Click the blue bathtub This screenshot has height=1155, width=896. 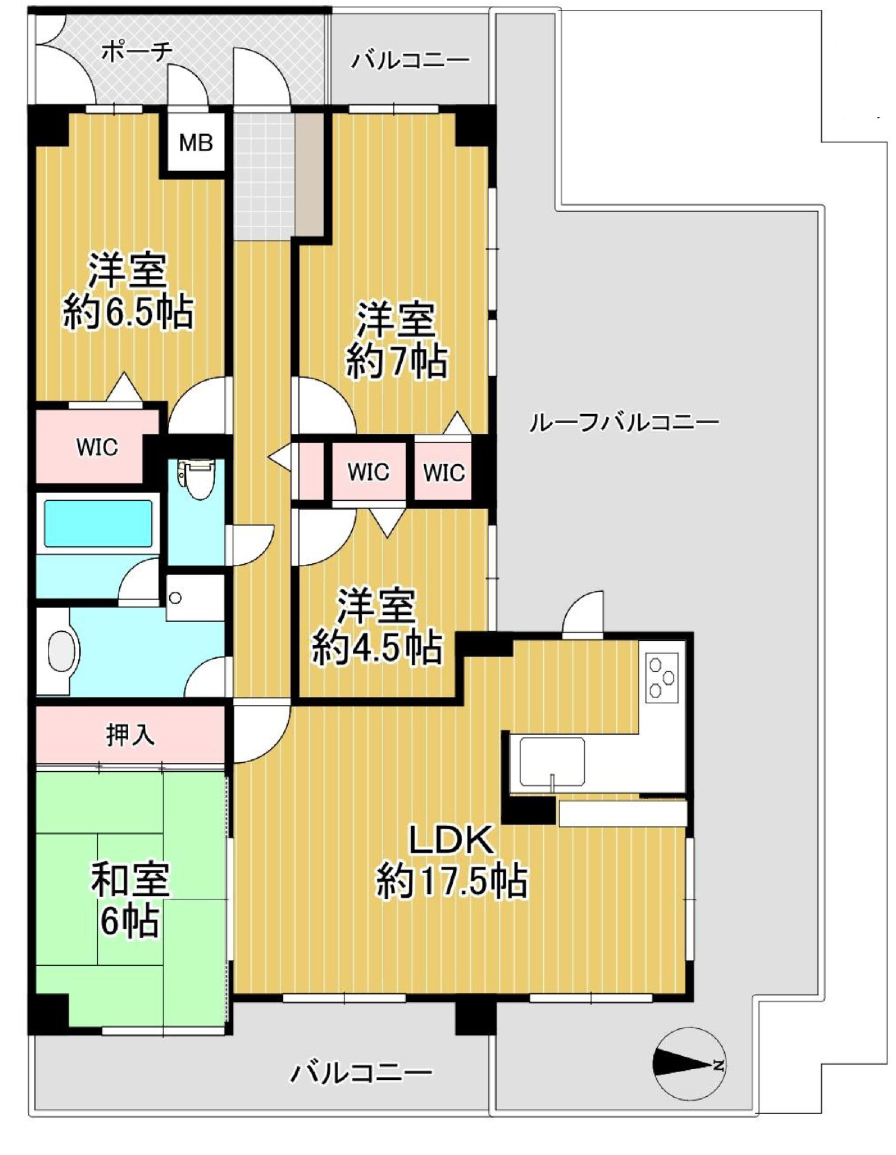98,523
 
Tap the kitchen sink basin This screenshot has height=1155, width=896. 551,762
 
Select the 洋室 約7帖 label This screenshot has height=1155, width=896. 396,341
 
